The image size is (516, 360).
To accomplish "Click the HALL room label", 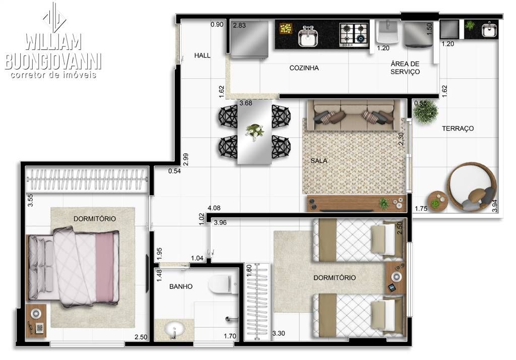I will (202, 55).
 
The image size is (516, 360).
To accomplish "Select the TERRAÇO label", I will (458, 129).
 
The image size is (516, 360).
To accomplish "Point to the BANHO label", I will (180, 286).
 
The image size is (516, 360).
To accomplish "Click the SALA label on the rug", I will (318, 161).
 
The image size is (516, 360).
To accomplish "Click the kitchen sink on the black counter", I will (307, 36).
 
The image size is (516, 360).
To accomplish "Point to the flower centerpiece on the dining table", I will (254, 131).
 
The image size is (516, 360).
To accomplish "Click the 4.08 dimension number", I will (214, 208).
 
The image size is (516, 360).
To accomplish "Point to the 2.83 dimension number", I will (239, 25).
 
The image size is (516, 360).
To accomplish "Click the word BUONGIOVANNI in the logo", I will (53, 62).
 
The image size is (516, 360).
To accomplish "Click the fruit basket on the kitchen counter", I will (286, 28).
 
